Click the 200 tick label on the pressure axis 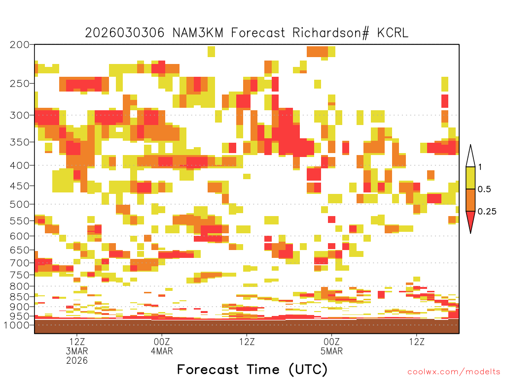pos(19,45)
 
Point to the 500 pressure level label pos(19,204)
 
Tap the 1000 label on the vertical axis pos(17,325)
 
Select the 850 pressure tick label pos(19,297)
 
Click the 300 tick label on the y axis pos(19,115)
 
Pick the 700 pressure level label pos(19,263)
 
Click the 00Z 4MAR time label pos(162,346)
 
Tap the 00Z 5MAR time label pos(332,346)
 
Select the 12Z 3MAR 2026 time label pos(77,351)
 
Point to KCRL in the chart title pos(393,33)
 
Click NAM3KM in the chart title pos(198,33)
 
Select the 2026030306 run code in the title pos(125,33)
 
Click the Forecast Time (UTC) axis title pos(252,370)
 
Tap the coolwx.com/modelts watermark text pos(454,372)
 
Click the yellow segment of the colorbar pos(470,178)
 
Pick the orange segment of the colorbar pos(470,200)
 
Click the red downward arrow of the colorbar pos(470,220)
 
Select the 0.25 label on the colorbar pos(487,212)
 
